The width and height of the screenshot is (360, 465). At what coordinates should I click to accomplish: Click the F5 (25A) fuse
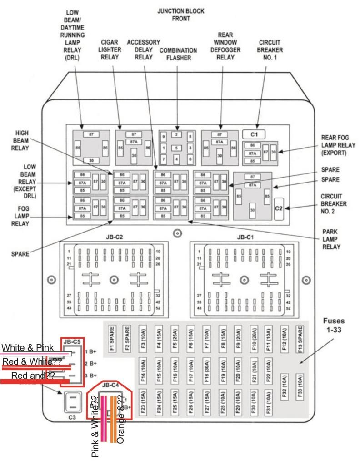click(x=175, y=336)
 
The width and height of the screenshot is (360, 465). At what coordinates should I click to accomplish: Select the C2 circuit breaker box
click(x=279, y=208)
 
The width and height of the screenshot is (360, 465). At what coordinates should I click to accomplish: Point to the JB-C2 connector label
click(x=114, y=237)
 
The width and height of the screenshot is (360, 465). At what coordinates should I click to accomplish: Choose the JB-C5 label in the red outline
click(x=73, y=341)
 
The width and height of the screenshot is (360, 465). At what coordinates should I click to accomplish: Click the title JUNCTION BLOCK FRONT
click(x=180, y=15)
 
